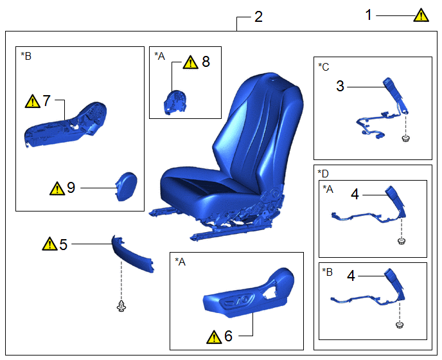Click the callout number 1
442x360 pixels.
coord(368,15)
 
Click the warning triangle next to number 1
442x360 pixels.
coord(421,15)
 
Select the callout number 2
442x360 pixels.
coord(258,17)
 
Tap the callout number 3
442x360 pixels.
coord(340,86)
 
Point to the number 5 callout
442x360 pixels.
coord(63,245)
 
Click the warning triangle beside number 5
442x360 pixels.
coord(49,244)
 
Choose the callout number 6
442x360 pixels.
coord(228,336)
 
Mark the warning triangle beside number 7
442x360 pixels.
coord(32,102)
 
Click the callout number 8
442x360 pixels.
coord(206,62)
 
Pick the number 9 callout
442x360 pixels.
coord(71,188)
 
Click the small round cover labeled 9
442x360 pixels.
coord(127,186)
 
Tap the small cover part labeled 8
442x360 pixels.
coord(175,102)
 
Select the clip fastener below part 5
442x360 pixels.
coord(121,307)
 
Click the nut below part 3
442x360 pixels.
coord(405,138)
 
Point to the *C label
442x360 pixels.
coord(324,67)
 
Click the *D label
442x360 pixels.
coord(323,174)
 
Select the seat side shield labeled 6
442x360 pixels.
coord(249,292)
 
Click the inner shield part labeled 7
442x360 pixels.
coord(66,125)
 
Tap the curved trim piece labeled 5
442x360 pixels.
coord(132,254)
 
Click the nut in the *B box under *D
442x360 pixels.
coord(399,325)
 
